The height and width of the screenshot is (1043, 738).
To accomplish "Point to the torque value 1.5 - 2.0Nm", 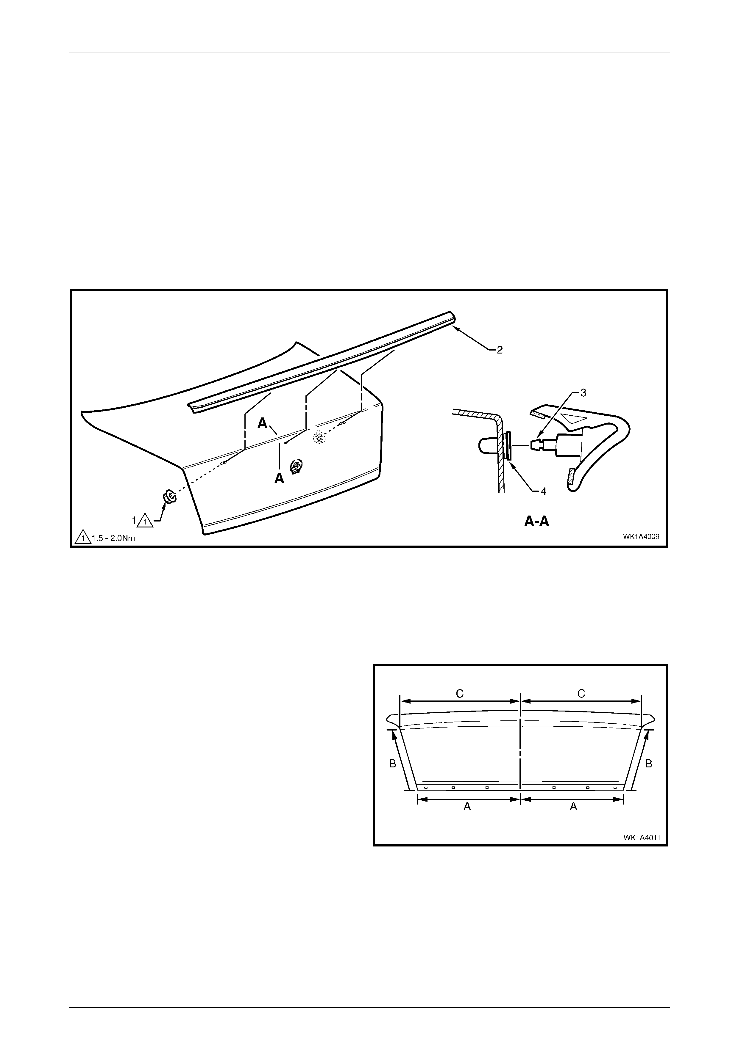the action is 113,538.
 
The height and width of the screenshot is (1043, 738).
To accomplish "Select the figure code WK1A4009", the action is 641,536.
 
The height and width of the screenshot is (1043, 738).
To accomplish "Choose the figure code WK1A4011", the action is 642,837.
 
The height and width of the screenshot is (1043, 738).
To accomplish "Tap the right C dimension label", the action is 581,694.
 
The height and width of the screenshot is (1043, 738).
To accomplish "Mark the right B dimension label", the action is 649,764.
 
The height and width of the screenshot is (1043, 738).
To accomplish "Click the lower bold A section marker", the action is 279,478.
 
